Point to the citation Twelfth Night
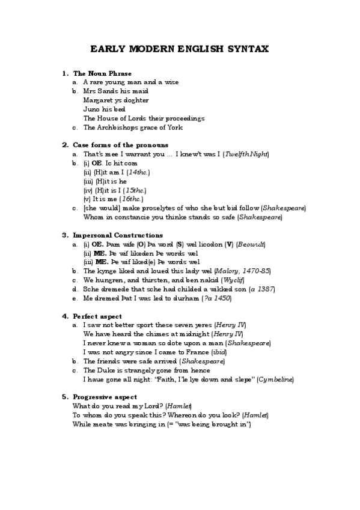pyautogui.click(x=246, y=155)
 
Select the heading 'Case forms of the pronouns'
pyautogui.click(x=120, y=145)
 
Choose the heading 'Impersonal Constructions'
pyautogui.click(x=117, y=235)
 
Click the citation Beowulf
pyautogui.click(x=251, y=244)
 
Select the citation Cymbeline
pyautogui.click(x=275, y=379)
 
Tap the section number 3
pyautogui.click(x=64, y=235)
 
